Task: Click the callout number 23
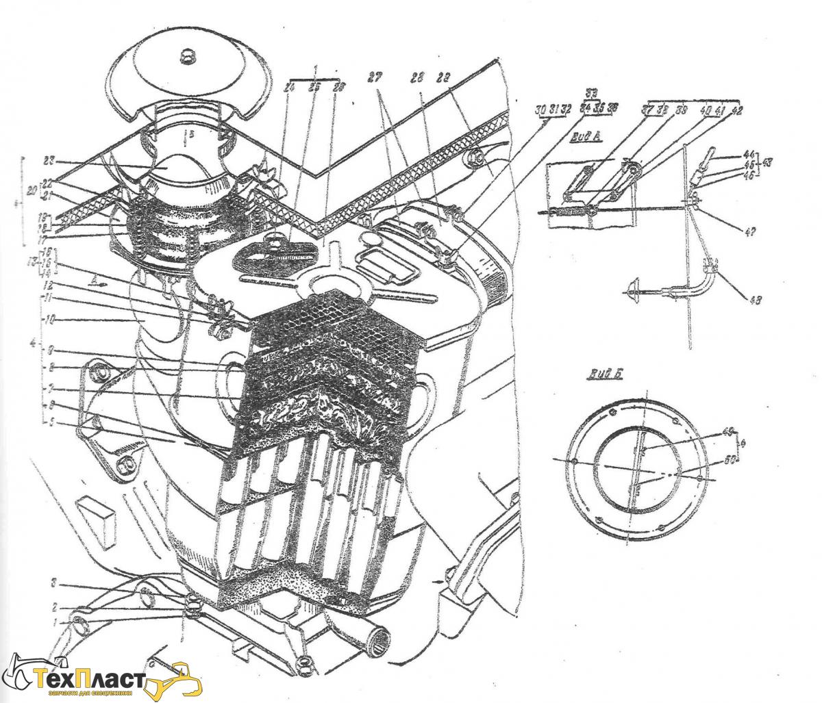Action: point(47,162)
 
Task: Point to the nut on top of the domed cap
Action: point(186,55)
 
